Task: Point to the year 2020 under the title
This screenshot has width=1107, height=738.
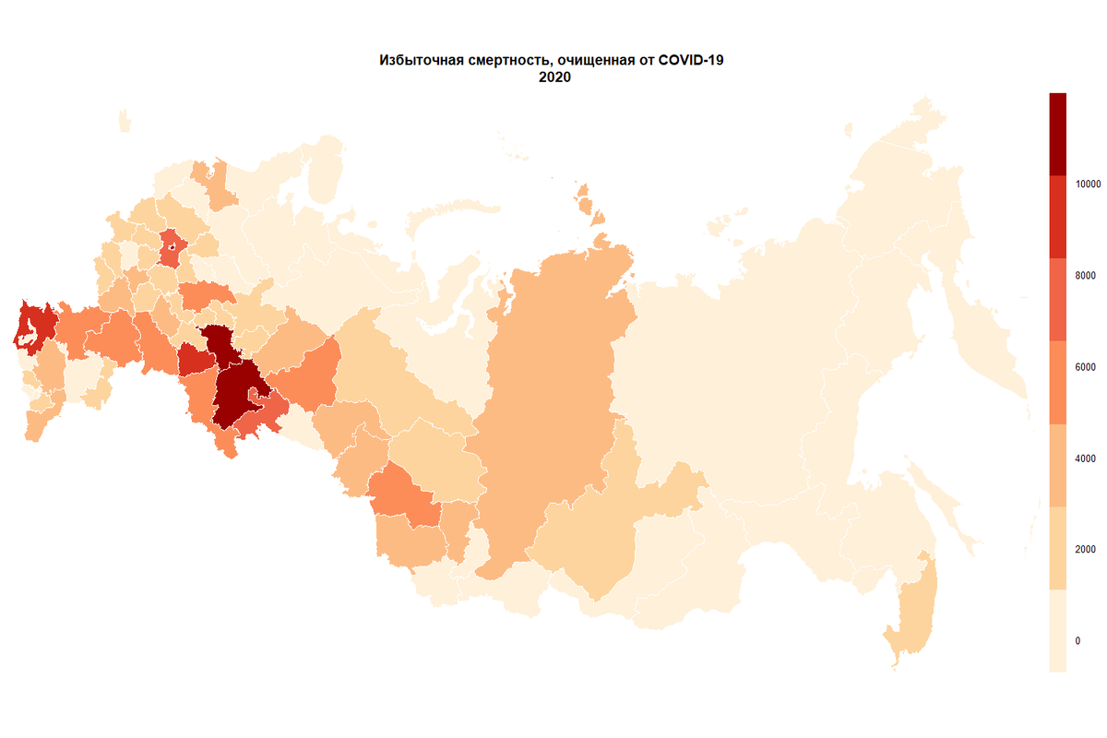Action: point(555,78)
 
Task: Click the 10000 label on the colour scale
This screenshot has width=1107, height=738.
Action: point(1089,184)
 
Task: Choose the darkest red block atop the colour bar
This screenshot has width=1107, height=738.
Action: point(1057,134)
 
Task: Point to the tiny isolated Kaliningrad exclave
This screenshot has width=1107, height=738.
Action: point(124,123)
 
